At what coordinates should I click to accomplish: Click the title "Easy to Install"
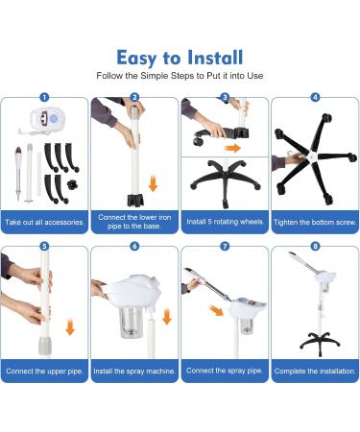click(180, 58)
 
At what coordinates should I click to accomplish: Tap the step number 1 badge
click(44, 97)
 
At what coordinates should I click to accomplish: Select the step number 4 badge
click(315, 97)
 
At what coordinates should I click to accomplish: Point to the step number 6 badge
click(134, 246)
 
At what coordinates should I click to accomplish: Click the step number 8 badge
click(315, 246)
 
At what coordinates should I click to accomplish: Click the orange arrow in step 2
click(153, 183)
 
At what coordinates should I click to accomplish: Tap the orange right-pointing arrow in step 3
click(232, 148)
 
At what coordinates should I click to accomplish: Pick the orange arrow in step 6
click(167, 317)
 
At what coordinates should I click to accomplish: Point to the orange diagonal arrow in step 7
click(217, 310)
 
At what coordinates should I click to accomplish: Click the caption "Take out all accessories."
click(44, 222)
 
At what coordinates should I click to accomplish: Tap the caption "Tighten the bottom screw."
click(315, 222)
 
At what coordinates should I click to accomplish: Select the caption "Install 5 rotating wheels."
click(225, 222)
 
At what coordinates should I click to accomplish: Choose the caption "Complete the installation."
click(315, 372)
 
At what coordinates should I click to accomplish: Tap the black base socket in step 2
click(135, 200)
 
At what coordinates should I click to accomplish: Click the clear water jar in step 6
click(132, 323)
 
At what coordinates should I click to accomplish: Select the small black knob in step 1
click(73, 184)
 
